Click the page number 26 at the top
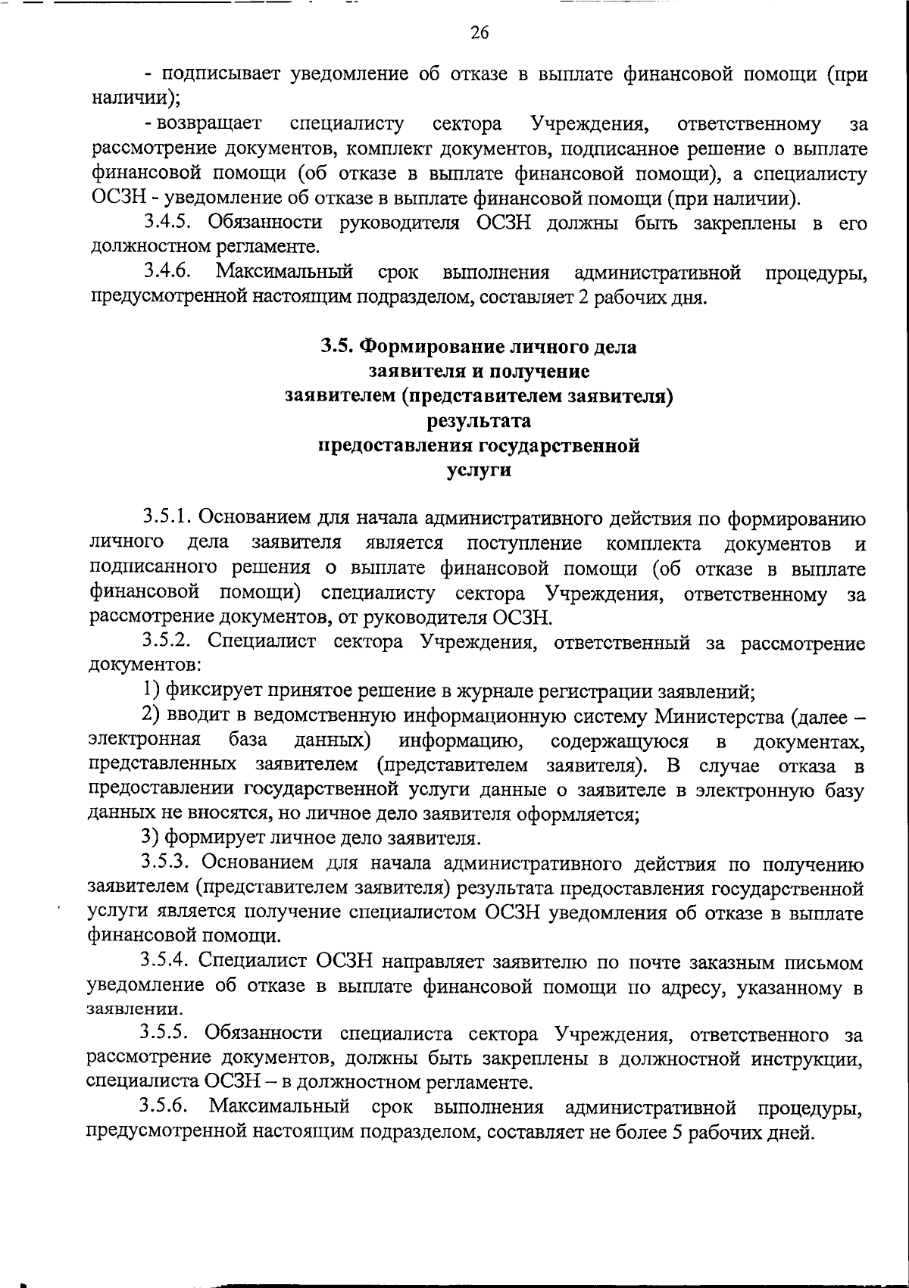(479, 32)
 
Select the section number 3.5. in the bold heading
(336, 347)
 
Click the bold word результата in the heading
(479, 420)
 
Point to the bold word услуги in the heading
(479, 470)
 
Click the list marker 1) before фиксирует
(151, 691)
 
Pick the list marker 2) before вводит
(151, 716)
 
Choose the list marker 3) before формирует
(151, 838)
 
